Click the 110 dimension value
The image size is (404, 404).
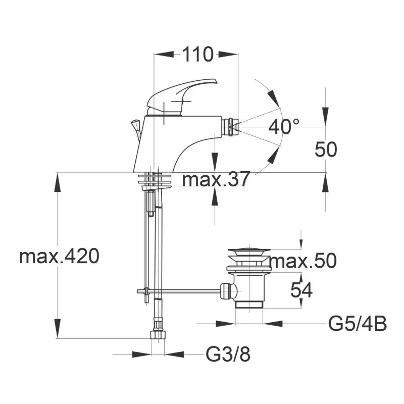198,55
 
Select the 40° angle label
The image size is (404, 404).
284,127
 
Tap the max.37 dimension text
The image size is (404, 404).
216,179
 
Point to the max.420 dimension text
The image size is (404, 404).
59,256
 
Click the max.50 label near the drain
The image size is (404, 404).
304,261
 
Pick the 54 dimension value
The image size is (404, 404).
301,290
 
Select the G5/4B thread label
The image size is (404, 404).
358,324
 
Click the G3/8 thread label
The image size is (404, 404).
228,355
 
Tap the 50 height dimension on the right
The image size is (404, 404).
326,149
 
